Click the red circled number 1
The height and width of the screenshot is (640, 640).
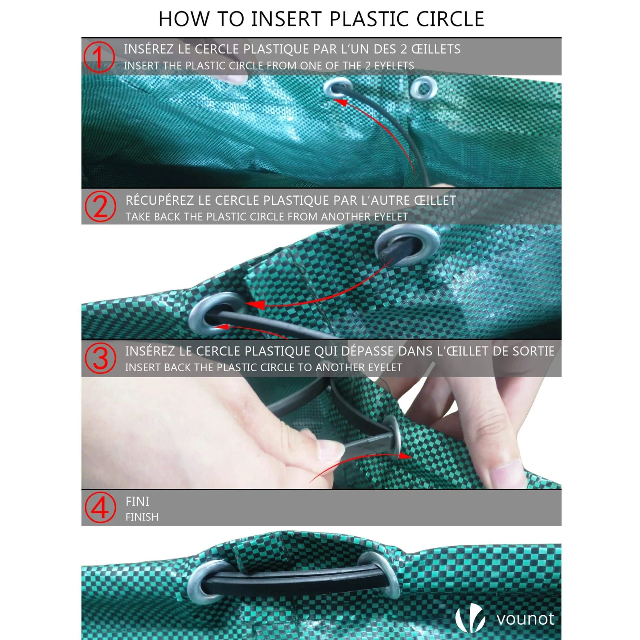pos(99,57)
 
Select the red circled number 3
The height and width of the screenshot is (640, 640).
pos(100,358)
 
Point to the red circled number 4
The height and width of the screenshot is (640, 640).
pos(100,507)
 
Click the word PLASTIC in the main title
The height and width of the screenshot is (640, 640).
pos(368,19)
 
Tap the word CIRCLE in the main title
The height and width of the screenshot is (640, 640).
pos(450,19)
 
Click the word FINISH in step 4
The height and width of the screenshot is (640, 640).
pos(142,517)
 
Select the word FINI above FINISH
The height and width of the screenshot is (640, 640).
pos(137,501)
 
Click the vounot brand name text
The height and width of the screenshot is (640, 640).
pos(525,619)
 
